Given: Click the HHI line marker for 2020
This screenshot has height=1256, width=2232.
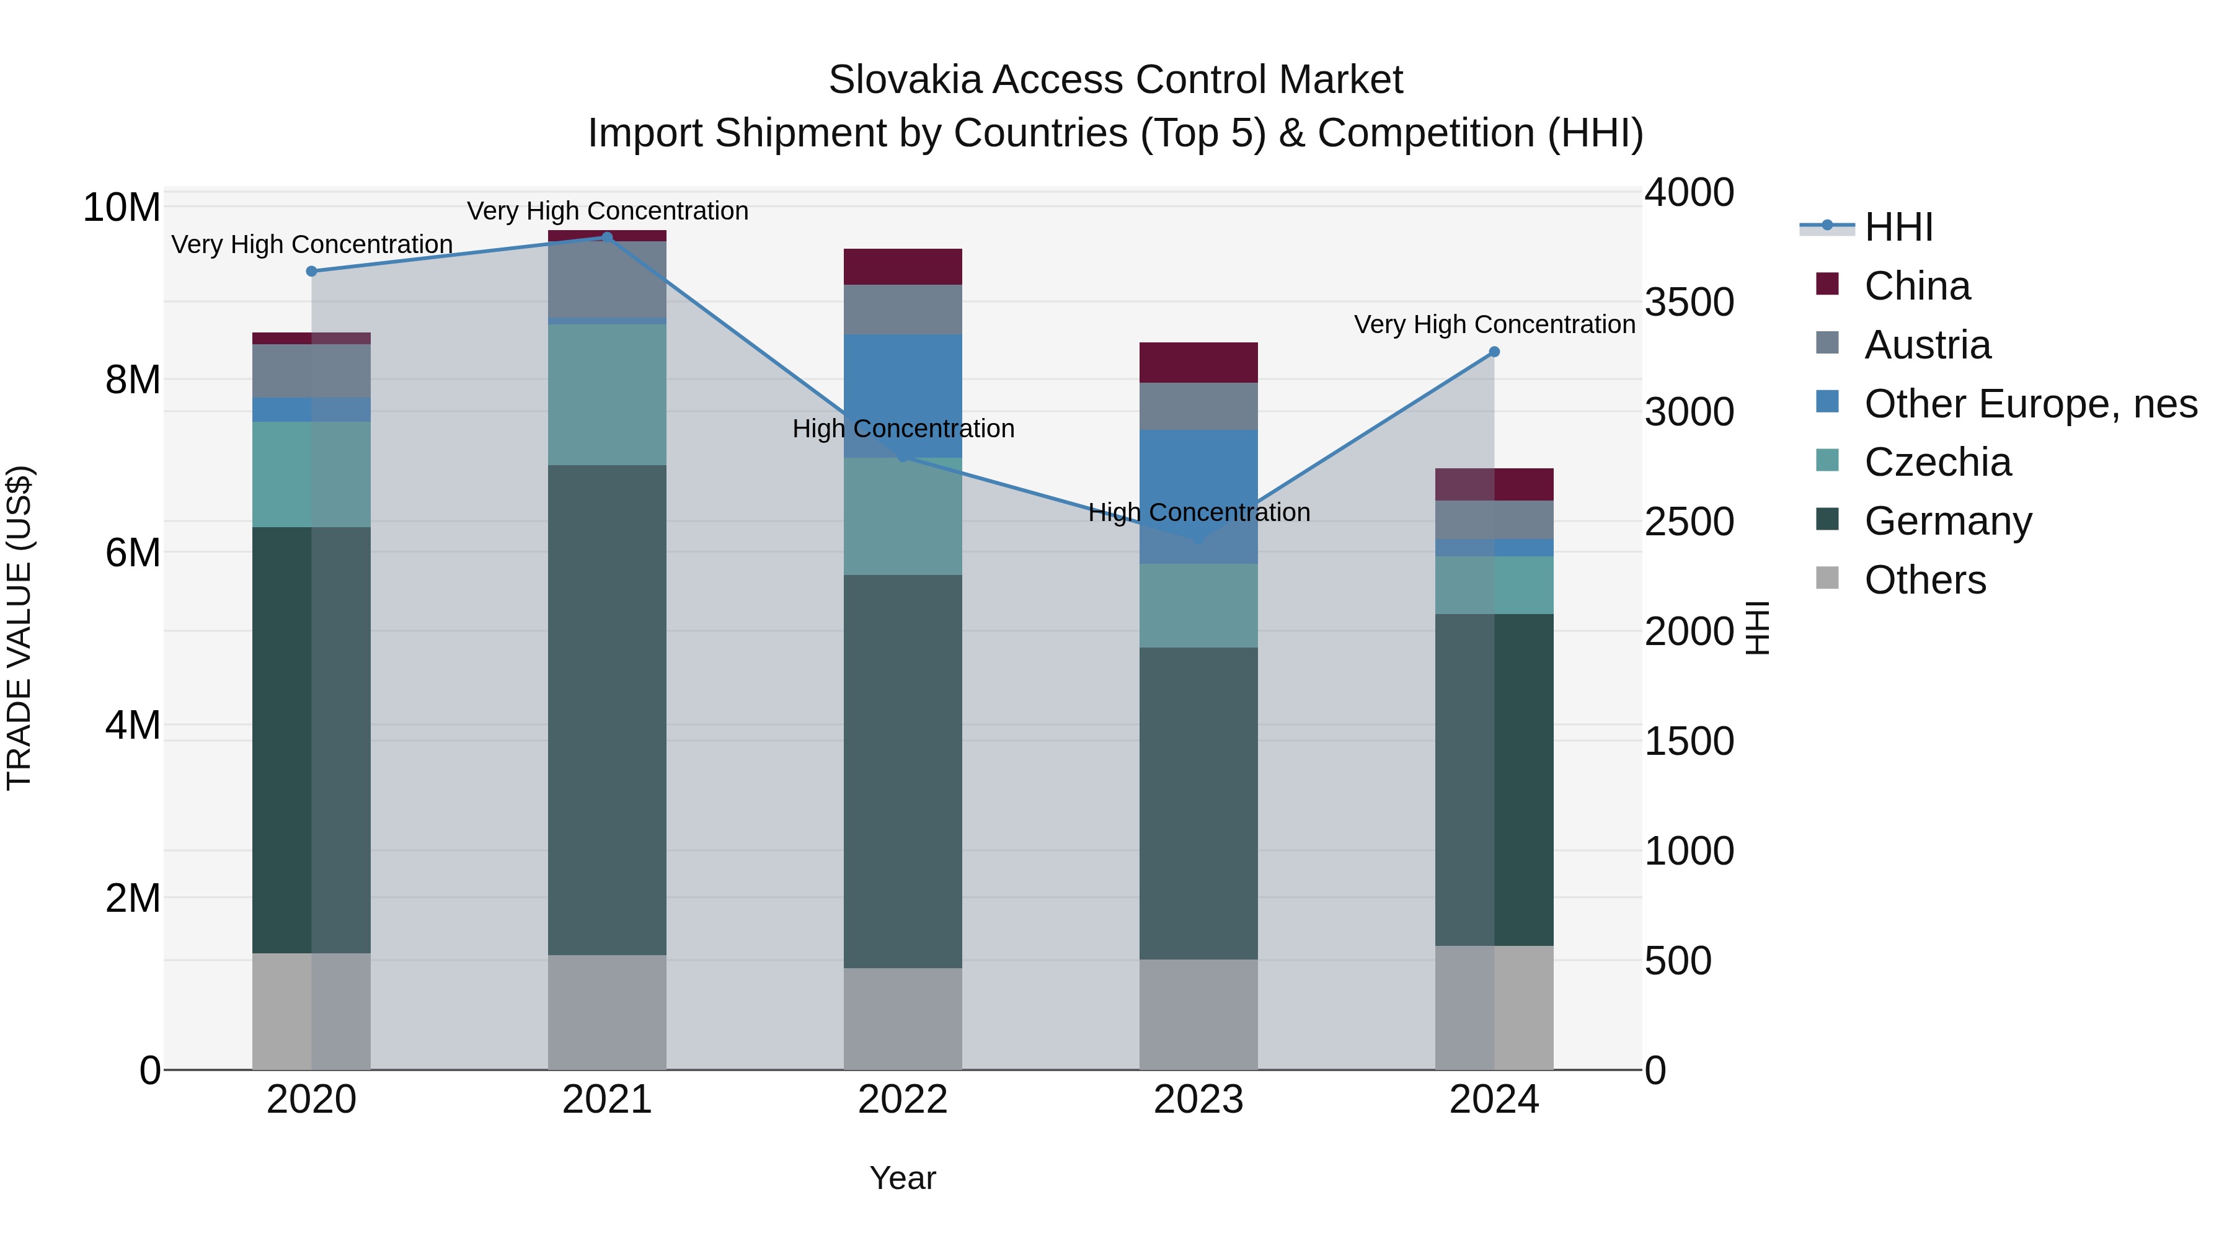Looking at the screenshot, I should point(312,271).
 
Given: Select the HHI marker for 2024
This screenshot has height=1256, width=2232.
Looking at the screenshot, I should point(1494,352).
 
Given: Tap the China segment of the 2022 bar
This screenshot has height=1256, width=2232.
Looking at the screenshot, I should point(903,267).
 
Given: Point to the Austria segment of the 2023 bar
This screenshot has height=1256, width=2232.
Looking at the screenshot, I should point(1198,406).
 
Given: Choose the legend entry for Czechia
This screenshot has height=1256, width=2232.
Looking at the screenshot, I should point(1937,462).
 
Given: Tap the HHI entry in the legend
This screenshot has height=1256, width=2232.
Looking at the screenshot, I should point(1898,227).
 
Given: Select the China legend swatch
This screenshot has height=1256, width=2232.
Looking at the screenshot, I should point(1827,284).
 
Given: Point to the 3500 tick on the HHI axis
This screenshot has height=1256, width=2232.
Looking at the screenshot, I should point(1689,303).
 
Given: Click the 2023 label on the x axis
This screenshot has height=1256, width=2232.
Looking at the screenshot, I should point(1198,1100).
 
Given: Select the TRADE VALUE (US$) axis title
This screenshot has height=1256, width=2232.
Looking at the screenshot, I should point(19,628).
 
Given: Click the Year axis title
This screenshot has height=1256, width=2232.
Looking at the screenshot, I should point(903,1178).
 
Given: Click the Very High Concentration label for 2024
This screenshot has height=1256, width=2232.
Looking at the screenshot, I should point(1494,324).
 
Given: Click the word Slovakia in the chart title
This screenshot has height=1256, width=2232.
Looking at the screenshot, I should point(905,80).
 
